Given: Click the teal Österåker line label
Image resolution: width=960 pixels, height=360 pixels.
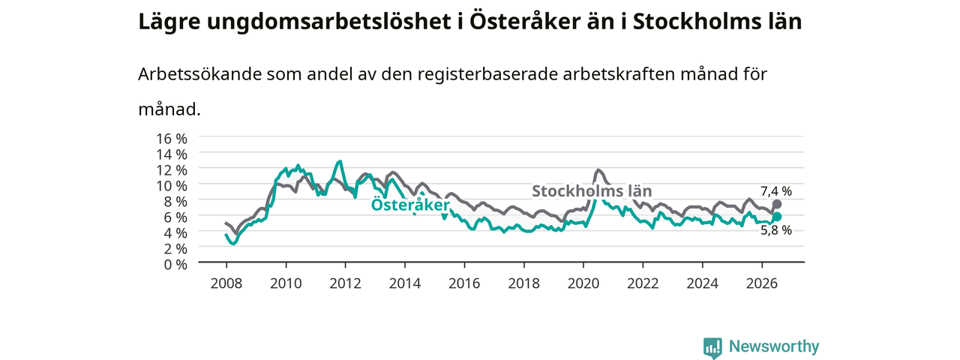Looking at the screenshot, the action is (410, 205).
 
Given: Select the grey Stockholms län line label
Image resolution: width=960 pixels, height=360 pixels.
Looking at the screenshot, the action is (592, 190).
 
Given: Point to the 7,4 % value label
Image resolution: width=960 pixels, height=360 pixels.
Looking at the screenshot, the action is (776, 191).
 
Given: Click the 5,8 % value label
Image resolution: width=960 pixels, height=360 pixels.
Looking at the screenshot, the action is (776, 230).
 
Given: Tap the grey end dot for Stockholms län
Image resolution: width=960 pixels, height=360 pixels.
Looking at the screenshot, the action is (776, 204).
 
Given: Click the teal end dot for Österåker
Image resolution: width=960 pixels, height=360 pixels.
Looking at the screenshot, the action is (776, 217).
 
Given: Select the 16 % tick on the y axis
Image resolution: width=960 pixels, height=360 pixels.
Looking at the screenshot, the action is (172, 139).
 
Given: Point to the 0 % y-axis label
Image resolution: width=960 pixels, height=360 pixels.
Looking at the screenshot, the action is (175, 265).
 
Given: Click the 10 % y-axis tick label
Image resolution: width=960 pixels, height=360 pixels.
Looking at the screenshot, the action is (172, 186).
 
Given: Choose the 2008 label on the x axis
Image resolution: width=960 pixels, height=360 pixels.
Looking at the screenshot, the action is (226, 283).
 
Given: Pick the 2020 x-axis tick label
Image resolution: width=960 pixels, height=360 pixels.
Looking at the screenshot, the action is (583, 283).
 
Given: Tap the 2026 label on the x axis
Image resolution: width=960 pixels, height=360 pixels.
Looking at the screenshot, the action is (761, 283).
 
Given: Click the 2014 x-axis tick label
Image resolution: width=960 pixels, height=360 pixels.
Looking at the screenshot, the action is (404, 283).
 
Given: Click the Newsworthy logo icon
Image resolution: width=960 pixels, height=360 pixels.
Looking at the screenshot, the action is (712, 348).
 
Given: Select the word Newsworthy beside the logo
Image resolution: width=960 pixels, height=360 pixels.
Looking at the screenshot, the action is (774, 346).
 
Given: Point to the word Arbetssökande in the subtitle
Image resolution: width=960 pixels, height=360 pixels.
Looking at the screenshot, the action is (199, 74).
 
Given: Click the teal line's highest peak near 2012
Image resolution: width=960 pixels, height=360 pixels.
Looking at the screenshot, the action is (340, 161).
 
